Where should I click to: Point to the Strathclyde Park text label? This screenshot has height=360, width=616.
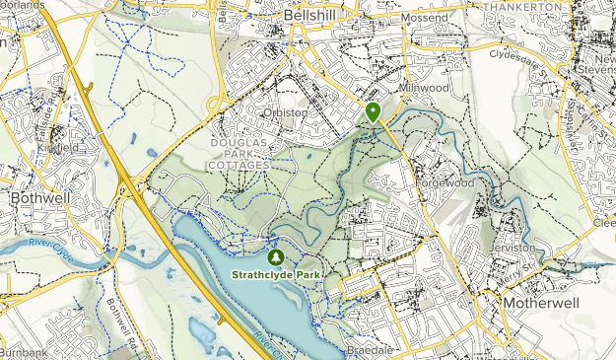278,273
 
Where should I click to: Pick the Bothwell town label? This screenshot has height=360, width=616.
35,198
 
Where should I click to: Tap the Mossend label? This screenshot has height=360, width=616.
425,19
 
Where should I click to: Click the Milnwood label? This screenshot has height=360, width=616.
424,88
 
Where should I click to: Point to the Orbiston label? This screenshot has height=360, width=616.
286,112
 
